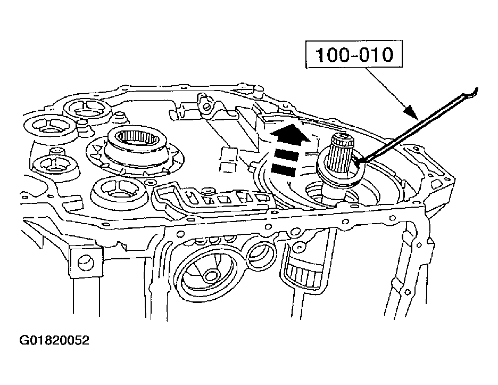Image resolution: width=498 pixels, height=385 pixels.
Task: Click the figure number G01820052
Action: tap(54, 340)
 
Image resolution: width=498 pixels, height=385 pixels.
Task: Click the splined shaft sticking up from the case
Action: tap(341, 149)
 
